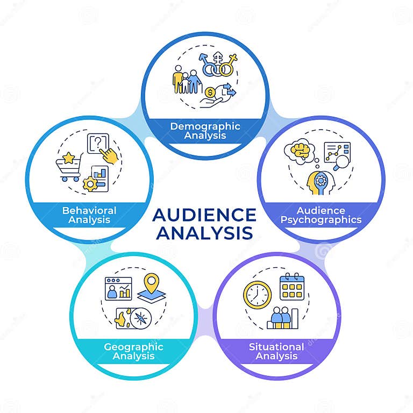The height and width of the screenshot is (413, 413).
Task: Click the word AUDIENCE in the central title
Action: point(204,215)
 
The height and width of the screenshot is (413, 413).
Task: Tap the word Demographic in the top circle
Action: point(205,126)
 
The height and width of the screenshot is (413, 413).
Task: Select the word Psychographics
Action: point(322,219)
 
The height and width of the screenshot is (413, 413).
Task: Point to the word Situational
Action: point(276,346)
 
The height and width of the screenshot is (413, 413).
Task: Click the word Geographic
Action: point(133,346)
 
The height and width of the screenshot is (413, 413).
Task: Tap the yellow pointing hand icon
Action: point(110,155)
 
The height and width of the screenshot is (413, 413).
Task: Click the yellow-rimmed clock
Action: point(258,295)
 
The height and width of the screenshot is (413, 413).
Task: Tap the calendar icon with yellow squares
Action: point(292,287)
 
